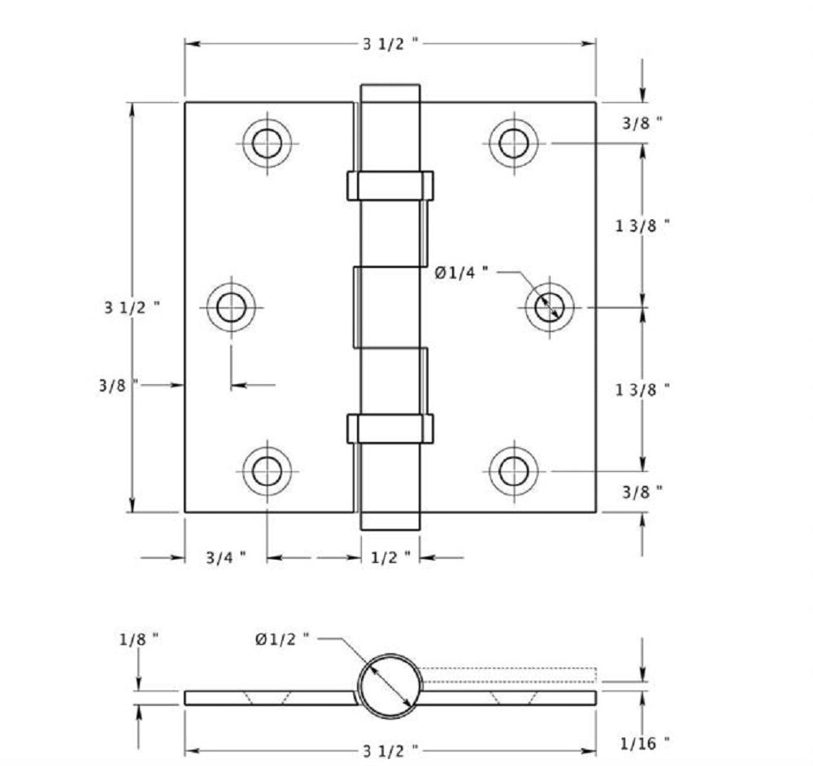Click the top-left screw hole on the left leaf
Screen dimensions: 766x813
click(x=266, y=143)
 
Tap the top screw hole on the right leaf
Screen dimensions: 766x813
click(x=514, y=143)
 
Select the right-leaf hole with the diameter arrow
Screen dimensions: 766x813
click(x=549, y=307)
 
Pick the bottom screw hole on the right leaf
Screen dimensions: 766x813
click(x=514, y=470)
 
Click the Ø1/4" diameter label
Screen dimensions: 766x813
click(x=461, y=273)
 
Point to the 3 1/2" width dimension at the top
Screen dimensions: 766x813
click(x=390, y=44)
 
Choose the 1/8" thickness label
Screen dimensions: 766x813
click(x=139, y=639)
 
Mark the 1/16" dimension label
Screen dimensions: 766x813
click(x=644, y=742)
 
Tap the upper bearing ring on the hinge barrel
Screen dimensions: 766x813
click(x=390, y=185)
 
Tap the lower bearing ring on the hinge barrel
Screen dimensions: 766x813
click(x=390, y=428)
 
